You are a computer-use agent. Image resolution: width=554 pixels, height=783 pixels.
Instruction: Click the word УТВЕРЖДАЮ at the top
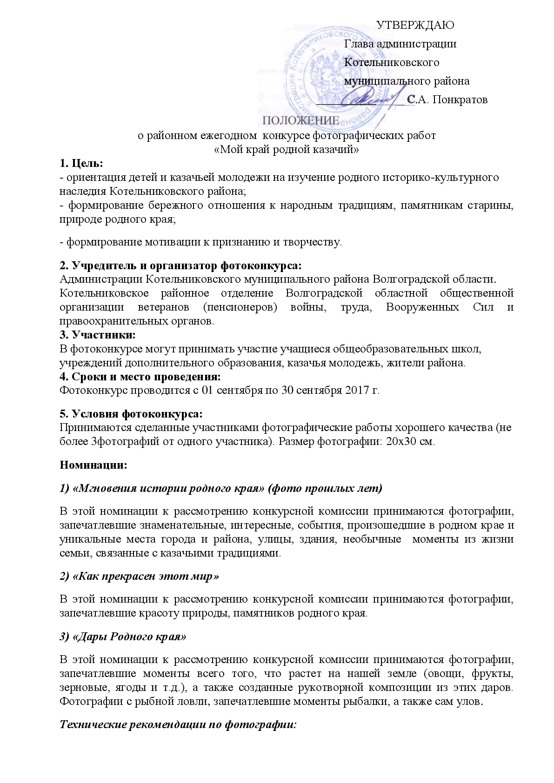tap(414, 26)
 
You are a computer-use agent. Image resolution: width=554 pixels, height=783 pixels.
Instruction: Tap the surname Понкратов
tap(460, 100)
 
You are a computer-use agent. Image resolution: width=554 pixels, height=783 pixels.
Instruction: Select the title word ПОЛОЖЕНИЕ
tap(301, 121)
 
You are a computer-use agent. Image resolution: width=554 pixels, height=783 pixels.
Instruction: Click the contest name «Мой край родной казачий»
tap(287, 150)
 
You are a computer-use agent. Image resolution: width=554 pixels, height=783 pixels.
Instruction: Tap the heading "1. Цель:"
tap(81, 164)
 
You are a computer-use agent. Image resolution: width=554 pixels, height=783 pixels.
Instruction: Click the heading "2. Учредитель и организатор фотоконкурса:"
tap(180, 266)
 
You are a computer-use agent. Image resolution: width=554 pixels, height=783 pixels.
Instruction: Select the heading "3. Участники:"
tap(98, 335)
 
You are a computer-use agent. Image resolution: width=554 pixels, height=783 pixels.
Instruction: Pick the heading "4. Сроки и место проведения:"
tap(140, 376)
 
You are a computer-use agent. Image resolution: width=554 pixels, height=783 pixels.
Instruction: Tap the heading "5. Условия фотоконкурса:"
tap(131, 414)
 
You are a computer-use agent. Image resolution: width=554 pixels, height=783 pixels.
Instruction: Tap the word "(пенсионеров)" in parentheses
tap(240, 307)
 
